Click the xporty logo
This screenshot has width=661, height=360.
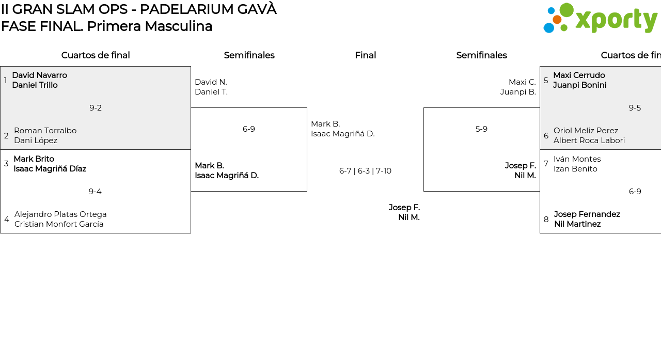tap(600, 18)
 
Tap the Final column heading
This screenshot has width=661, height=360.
tap(365, 55)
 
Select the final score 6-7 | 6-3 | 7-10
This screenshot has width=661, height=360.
tap(365, 171)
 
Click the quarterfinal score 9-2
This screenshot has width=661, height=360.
tap(96, 108)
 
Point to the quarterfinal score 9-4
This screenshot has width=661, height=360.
tap(95, 192)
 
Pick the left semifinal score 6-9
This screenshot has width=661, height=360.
tap(249, 129)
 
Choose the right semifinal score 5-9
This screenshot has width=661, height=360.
tap(481, 129)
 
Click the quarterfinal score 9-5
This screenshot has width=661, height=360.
tap(635, 108)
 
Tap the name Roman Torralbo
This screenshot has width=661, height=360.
tap(45, 131)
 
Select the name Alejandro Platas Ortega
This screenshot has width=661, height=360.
tap(60, 214)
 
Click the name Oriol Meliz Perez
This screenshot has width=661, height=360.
tap(586, 131)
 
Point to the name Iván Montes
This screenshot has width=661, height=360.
tap(577, 159)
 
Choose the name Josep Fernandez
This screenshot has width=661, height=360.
tap(587, 214)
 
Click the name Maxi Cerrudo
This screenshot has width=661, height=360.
tap(579, 75)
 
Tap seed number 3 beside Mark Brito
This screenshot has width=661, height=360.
tap(6, 164)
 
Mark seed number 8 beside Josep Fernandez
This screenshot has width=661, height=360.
tap(546, 220)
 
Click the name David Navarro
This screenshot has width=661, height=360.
tap(39, 75)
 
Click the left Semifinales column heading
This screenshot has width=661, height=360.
tap(249, 55)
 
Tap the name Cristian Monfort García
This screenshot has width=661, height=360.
tap(59, 224)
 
